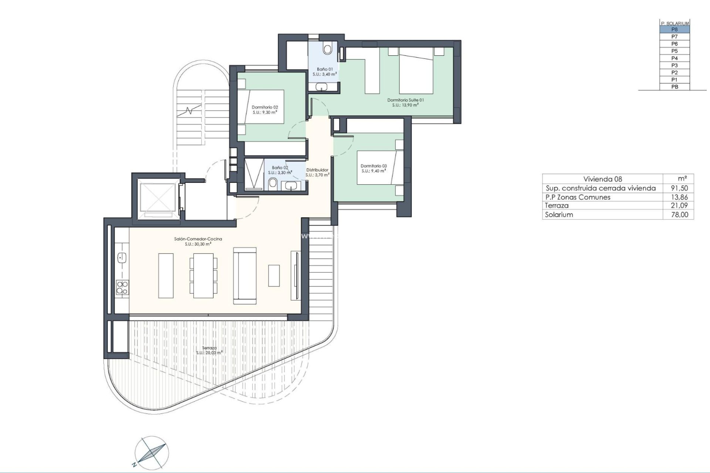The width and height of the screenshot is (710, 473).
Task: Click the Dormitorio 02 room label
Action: point(265,108)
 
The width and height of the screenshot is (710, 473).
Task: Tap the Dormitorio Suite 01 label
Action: point(405,100)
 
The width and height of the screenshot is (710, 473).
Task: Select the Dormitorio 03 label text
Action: point(373,166)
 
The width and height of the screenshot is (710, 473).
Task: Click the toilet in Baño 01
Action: point(328,49)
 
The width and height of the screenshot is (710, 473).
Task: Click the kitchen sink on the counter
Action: point(122,258)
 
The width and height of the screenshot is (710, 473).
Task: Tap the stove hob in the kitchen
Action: point(122,287)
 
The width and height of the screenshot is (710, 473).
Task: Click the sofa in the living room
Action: point(244,275)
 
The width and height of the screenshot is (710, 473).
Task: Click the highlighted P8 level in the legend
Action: point(674,30)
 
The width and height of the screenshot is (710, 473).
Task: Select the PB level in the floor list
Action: point(674,87)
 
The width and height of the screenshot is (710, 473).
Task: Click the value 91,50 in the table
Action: point(679,188)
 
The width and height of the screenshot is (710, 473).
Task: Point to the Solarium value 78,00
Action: point(679,215)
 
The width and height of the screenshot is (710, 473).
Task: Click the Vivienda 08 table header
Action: point(602,179)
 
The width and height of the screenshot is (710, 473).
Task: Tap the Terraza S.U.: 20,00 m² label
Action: point(209,350)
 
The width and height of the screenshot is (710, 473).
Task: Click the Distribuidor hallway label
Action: point(317,170)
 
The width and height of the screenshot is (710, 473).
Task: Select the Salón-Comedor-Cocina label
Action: point(198,239)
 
